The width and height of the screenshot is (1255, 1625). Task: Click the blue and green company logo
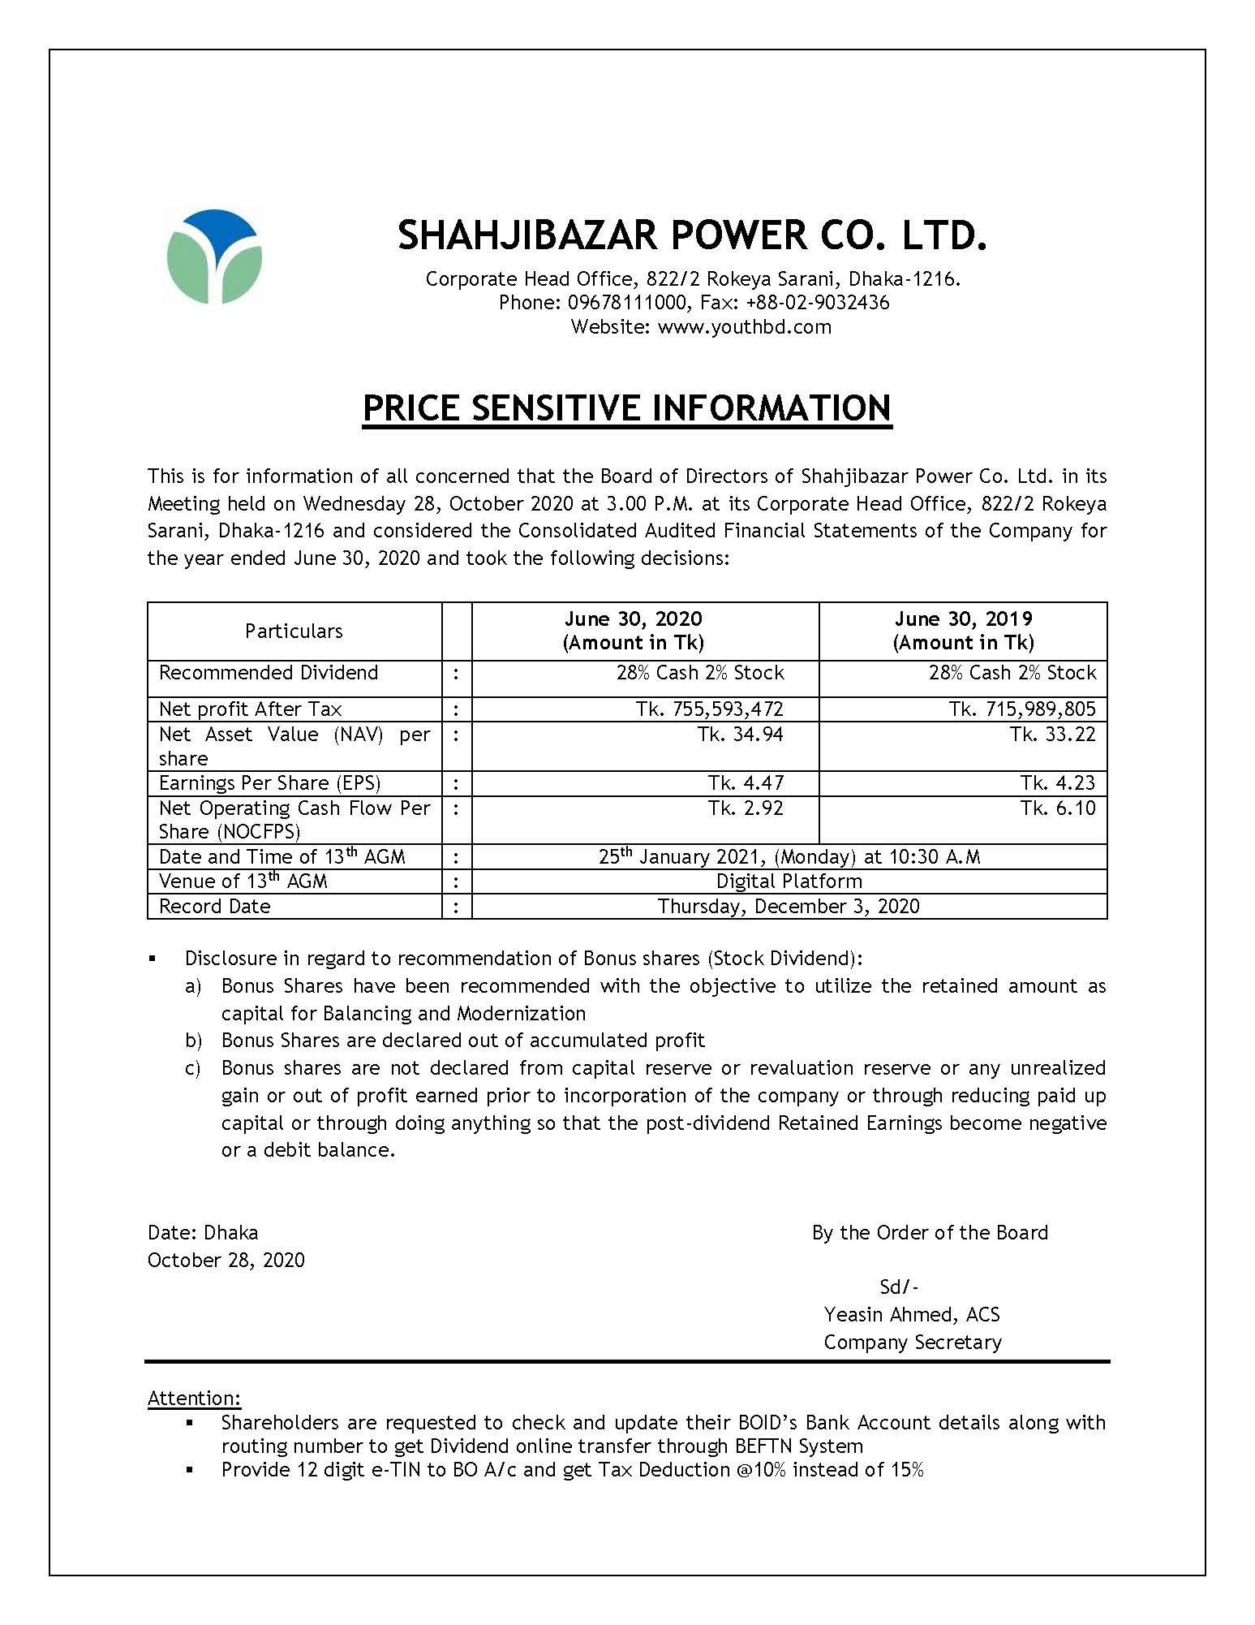pyautogui.click(x=214, y=256)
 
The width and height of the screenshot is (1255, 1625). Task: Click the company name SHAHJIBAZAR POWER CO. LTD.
pyautogui.click(x=693, y=235)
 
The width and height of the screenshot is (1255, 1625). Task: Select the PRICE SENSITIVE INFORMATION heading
pyautogui.click(x=626, y=407)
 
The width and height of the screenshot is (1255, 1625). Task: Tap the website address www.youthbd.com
pyautogui.click(x=744, y=327)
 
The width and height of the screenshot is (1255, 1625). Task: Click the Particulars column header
pyautogui.click(x=294, y=631)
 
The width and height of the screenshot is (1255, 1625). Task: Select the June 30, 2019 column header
pyautogui.click(x=963, y=631)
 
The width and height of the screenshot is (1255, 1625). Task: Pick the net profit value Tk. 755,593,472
pyautogui.click(x=710, y=709)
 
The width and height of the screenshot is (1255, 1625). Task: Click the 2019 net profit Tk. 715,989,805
pyautogui.click(x=1022, y=709)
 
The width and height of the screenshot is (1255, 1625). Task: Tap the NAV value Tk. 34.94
pyautogui.click(x=746, y=735)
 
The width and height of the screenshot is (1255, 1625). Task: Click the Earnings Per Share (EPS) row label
pyautogui.click(x=269, y=782)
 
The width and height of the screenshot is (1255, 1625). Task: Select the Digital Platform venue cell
pyautogui.click(x=789, y=881)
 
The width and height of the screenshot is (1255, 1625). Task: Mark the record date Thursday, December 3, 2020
pyautogui.click(x=789, y=906)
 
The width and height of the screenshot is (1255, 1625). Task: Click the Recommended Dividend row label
pyautogui.click(x=269, y=673)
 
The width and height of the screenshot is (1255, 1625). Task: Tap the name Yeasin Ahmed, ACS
pyautogui.click(x=911, y=1314)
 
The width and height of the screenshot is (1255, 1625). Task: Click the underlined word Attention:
pyautogui.click(x=194, y=1398)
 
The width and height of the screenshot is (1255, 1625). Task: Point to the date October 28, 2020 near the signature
pyautogui.click(x=226, y=1260)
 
